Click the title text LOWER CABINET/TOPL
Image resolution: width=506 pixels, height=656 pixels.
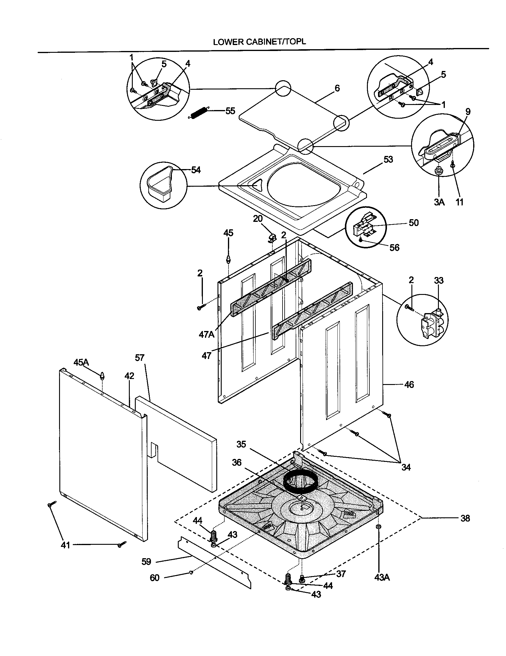[x=259, y=42]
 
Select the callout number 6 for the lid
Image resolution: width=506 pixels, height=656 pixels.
[x=337, y=88]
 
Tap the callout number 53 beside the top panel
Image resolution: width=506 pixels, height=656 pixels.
[x=388, y=160]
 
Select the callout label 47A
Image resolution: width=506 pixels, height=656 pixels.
[x=206, y=334]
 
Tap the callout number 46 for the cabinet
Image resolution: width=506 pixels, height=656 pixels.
[x=409, y=384]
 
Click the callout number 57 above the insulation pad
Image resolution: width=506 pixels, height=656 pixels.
[x=139, y=358]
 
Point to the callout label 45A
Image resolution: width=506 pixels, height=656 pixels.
[x=81, y=363]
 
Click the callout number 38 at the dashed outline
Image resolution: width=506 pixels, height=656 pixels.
[x=465, y=518]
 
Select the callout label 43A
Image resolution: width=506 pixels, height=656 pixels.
[x=382, y=586]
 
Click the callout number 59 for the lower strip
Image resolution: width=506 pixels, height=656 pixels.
[x=146, y=561]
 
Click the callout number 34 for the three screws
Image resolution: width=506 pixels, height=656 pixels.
[x=406, y=467]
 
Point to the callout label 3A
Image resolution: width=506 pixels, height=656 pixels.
[x=439, y=202]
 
